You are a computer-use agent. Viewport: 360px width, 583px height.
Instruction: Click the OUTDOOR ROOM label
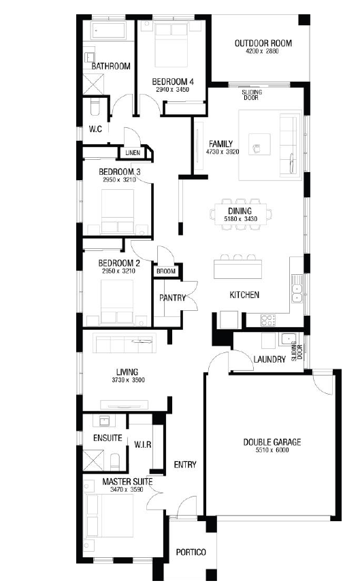(263, 43)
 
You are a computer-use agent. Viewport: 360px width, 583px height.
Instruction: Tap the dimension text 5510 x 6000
(272, 450)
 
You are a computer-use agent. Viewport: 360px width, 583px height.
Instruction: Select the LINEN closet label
(133, 152)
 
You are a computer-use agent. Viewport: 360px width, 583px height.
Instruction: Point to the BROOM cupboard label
(166, 271)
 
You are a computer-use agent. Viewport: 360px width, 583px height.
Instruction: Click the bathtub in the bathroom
(110, 30)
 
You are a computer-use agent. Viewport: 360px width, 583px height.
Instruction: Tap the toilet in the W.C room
(96, 107)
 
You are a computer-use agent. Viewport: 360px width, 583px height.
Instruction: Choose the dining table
(241, 214)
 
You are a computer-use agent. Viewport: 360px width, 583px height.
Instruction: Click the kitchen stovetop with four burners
(267, 320)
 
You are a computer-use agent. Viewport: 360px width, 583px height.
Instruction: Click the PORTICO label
(191, 552)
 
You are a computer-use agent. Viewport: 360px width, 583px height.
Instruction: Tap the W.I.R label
(142, 444)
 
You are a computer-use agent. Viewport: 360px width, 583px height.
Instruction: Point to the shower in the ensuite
(93, 461)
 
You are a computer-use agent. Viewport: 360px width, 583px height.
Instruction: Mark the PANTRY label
(172, 298)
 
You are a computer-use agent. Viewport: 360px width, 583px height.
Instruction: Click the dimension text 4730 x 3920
(223, 152)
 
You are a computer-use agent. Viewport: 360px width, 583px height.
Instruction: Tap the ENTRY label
(185, 465)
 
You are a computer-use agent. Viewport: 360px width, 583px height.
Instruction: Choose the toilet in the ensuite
(115, 462)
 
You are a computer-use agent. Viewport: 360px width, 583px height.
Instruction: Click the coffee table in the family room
(259, 145)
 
